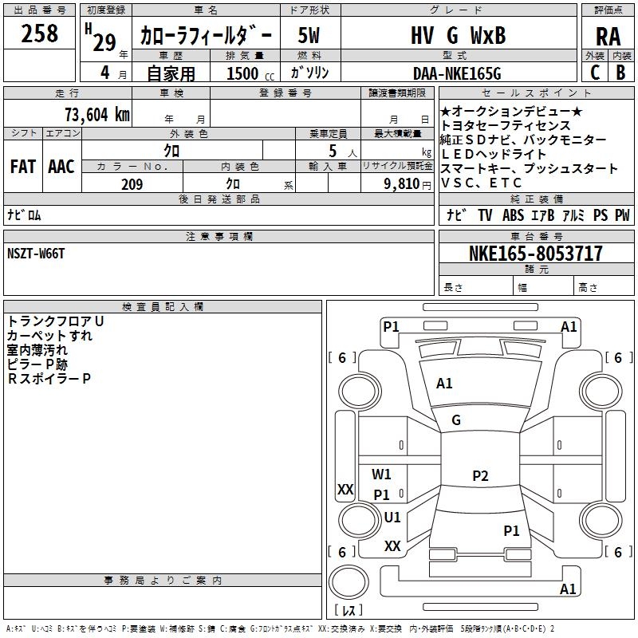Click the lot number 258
39,33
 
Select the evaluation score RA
608,37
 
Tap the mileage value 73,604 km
97,114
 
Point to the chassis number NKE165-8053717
535,253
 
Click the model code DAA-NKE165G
457,73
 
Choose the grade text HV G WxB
458,35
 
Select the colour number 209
132,184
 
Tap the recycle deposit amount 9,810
402,184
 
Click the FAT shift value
23,167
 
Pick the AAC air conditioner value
61,167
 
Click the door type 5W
309,35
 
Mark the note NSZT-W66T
36,254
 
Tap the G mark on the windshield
456,420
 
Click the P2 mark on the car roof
480,475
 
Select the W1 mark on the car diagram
381,474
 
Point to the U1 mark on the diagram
392,517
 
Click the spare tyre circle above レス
349,582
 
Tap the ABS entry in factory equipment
513,215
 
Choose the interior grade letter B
620,73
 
